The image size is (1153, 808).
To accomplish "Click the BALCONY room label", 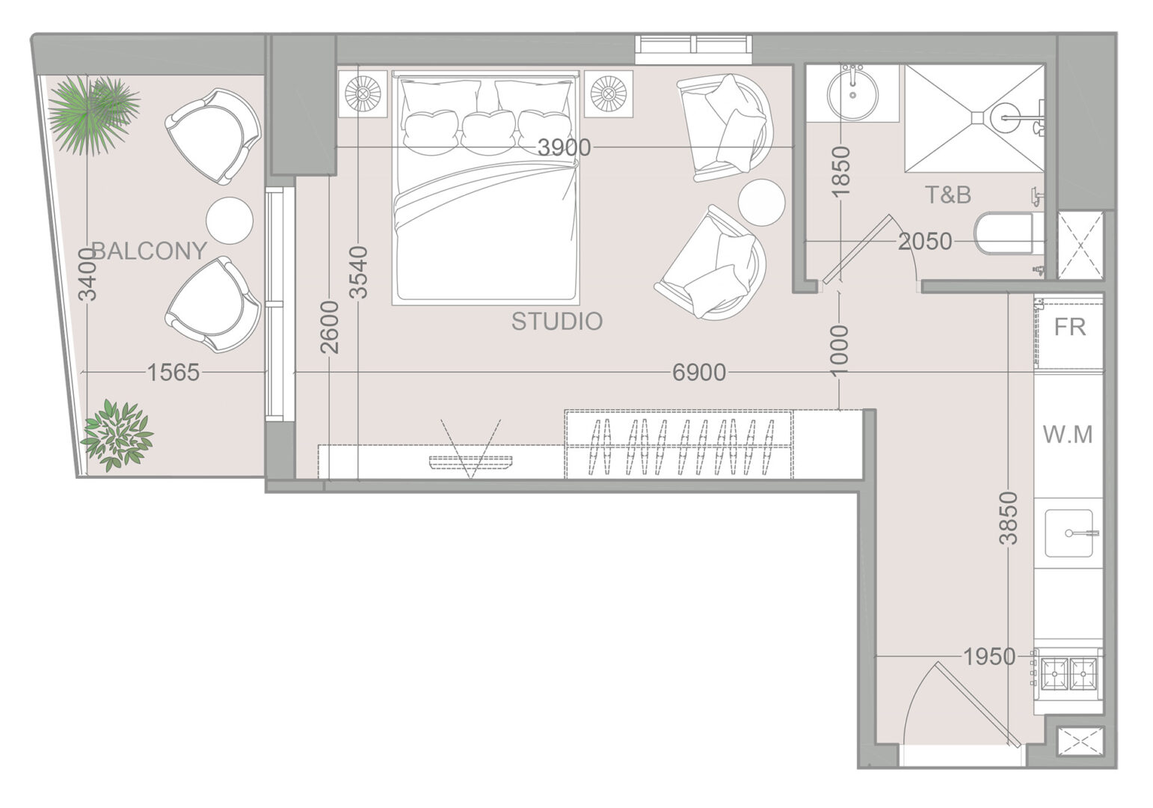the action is pyautogui.click(x=149, y=251).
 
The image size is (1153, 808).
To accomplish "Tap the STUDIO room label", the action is pyautogui.click(x=557, y=322).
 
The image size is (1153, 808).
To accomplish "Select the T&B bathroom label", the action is pyautogui.click(x=948, y=195).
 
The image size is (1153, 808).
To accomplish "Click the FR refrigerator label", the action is pyautogui.click(x=1069, y=327).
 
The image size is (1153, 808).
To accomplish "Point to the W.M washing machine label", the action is pyautogui.click(x=1068, y=435).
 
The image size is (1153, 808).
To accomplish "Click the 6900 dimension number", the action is pyautogui.click(x=699, y=373).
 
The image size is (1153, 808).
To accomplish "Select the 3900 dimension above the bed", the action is pyautogui.click(x=564, y=148).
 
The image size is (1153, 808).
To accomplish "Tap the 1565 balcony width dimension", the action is pyautogui.click(x=173, y=373).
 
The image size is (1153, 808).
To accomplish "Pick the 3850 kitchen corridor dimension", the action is pyautogui.click(x=1009, y=518).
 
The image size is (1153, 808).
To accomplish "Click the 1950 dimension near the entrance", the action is pyautogui.click(x=989, y=657).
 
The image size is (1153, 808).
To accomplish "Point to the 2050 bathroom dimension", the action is pyautogui.click(x=925, y=242).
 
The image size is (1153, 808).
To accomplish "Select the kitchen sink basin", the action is pyautogui.click(x=1069, y=533).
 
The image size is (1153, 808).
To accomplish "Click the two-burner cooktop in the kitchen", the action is pyautogui.click(x=1069, y=673).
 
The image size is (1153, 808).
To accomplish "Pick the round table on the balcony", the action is pyautogui.click(x=230, y=221).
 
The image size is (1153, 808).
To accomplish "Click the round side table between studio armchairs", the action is pyautogui.click(x=761, y=202).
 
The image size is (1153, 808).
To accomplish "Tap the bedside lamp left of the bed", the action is pyautogui.click(x=363, y=94).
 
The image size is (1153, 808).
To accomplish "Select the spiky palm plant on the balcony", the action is pyautogui.click(x=94, y=114).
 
